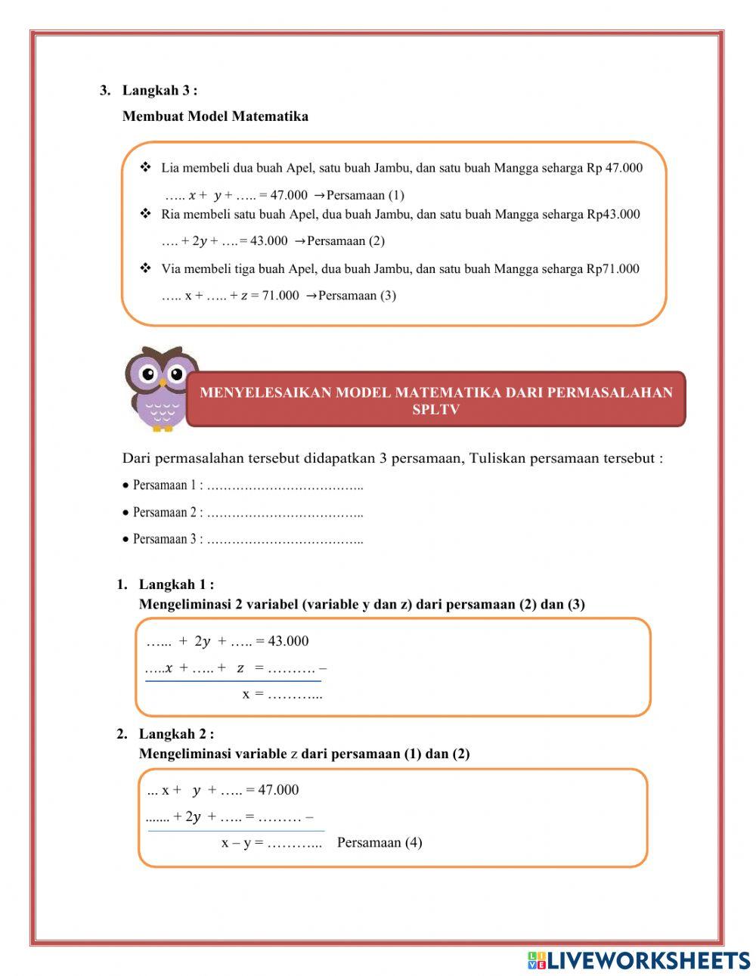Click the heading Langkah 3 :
[160, 91]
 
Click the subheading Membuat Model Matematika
[215, 116]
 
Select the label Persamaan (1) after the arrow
[365, 195]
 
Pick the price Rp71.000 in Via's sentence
[612, 269]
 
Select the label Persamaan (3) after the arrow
[357, 296]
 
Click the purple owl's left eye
[149, 373]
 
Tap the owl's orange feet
[162, 427]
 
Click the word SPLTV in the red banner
[435, 410]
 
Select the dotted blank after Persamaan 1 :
[285, 486]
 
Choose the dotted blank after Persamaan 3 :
[285, 541]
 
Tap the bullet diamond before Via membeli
[146, 268]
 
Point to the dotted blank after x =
[295, 694]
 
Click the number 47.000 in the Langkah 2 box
[278, 790]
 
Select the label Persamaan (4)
[380, 842]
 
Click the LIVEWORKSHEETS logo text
[647, 960]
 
